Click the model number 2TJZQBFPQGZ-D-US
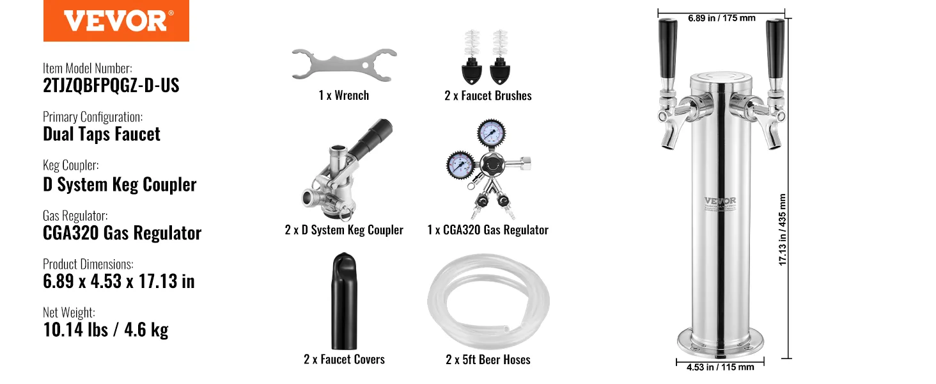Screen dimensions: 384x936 tap(111, 86)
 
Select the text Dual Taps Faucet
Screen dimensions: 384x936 tap(102, 134)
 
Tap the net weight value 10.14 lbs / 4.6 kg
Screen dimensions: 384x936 tap(105, 330)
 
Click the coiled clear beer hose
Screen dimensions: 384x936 tap(488, 301)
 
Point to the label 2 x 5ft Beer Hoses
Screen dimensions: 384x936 tap(488, 360)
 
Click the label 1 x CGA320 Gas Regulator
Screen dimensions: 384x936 tap(488, 230)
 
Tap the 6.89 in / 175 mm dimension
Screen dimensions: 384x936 tap(721, 18)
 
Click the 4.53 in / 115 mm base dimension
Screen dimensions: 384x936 tap(720, 367)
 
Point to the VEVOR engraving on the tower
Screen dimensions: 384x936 tap(720, 201)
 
